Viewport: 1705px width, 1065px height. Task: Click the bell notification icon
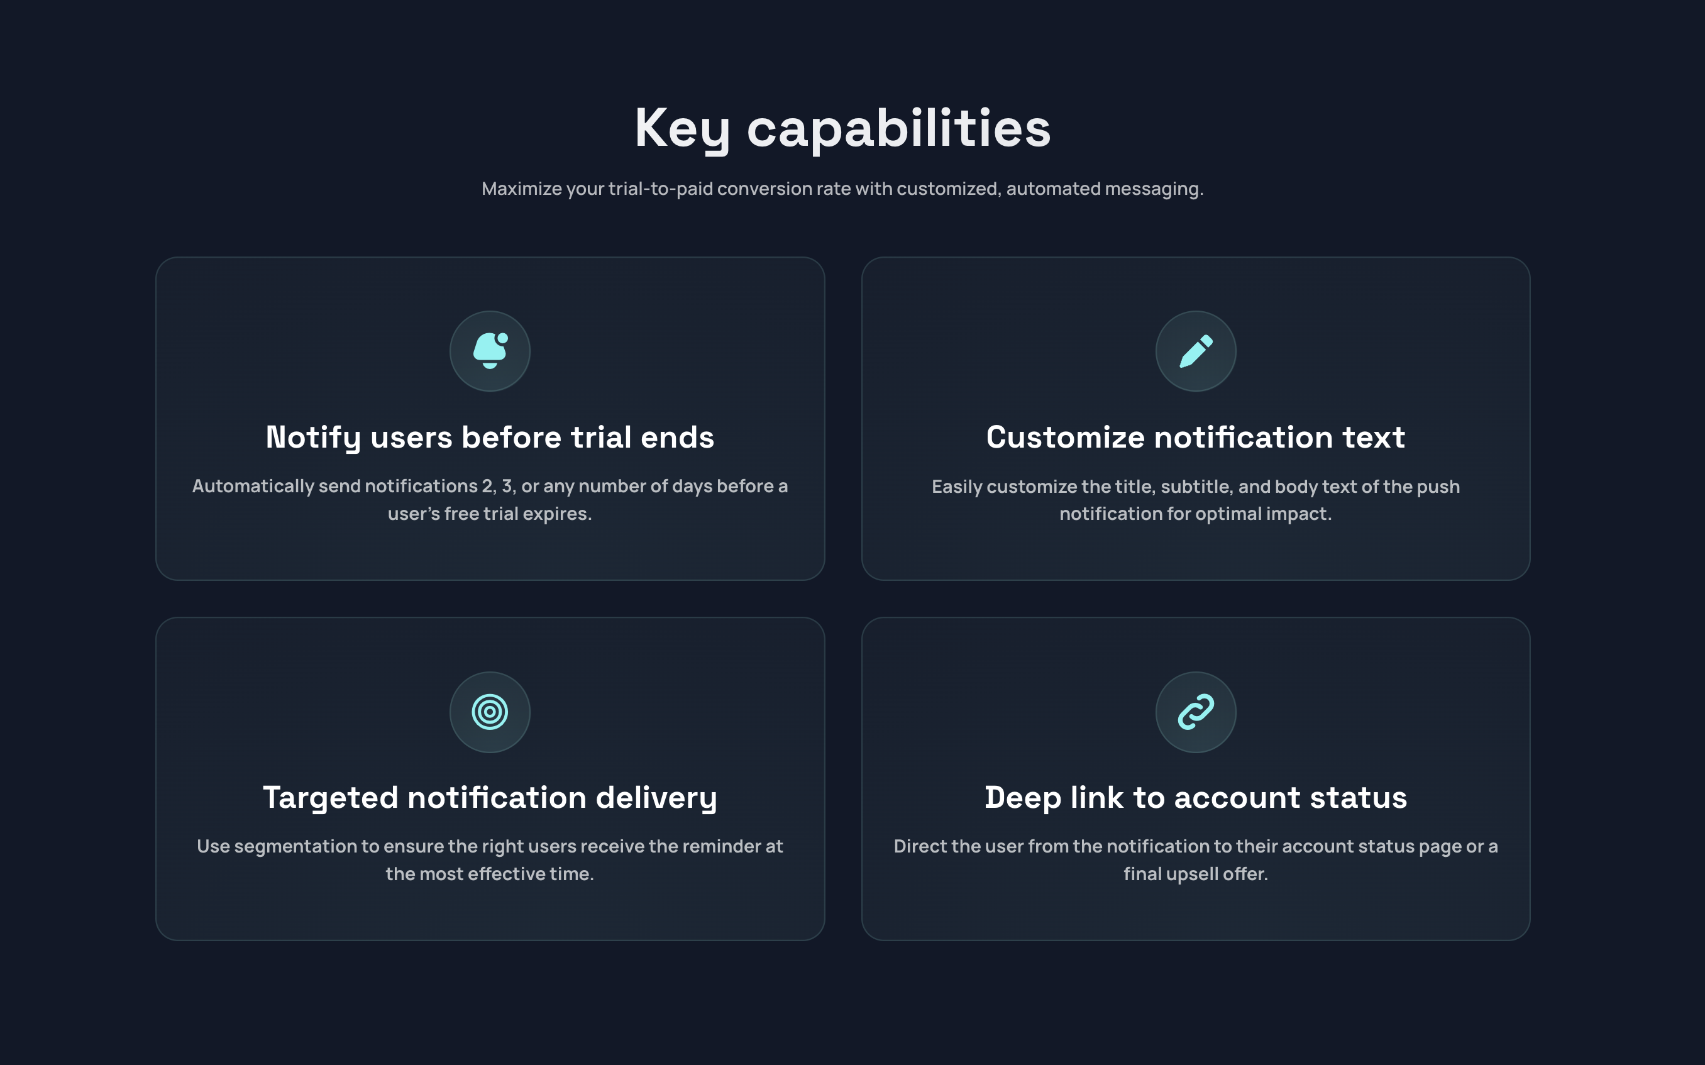pyautogui.click(x=490, y=351)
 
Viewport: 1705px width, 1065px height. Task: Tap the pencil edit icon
pyautogui.click(x=1196, y=351)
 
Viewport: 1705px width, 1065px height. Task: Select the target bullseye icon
pyautogui.click(x=490, y=712)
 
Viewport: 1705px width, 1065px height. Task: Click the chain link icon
pyautogui.click(x=1196, y=712)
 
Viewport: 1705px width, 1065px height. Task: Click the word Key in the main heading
pyautogui.click(x=681, y=129)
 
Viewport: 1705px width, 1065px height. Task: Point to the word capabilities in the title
pyautogui.click(x=898, y=129)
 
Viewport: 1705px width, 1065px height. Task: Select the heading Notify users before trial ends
pyautogui.click(x=490, y=438)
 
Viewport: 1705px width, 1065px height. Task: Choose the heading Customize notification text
pyautogui.click(x=1196, y=438)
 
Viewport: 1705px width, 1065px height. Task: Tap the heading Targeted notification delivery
pyautogui.click(x=490, y=797)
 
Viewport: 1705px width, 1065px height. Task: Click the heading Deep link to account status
pyautogui.click(x=1196, y=797)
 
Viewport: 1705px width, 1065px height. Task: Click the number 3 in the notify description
pyautogui.click(x=507, y=486)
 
